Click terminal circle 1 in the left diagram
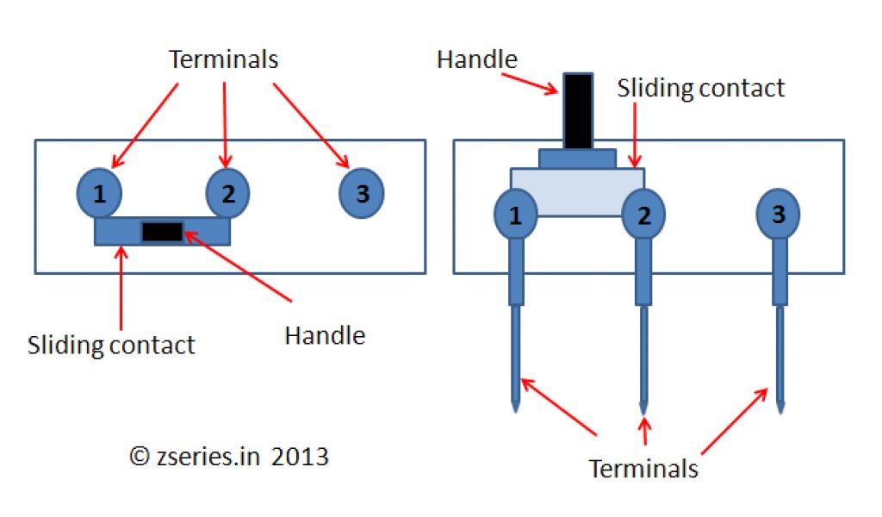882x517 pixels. pyautogui.click(x=100, y=194)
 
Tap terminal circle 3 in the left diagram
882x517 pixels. pyautogui.click(x=362, y=194)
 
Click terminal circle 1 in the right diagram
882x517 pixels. pyautogui.click(x=516, y=215)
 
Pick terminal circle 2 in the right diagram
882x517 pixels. pyautogui.click(x=643, y=215)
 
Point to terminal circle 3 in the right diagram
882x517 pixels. pyautogui.click(x=779, y=214)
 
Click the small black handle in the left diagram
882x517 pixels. pyautogui.click(x=162, y=232)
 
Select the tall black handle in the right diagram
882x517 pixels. pyautogui.click(x=577, y=110)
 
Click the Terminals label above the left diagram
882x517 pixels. pyautogui.click(x=224, y=59)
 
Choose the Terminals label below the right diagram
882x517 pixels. pyautogui.click(x=643, y=469)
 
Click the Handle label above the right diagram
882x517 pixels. pyautogui.click(x=477, y=59)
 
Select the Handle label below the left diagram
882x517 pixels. pyautogui.click(x=325, y=335)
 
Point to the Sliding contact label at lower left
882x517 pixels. pyautogui.click(x=112, y=346)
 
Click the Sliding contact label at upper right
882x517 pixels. pyautogui.click(x=701, y=88)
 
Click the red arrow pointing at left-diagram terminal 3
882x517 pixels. pyautogui.click(x=310, y=124)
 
